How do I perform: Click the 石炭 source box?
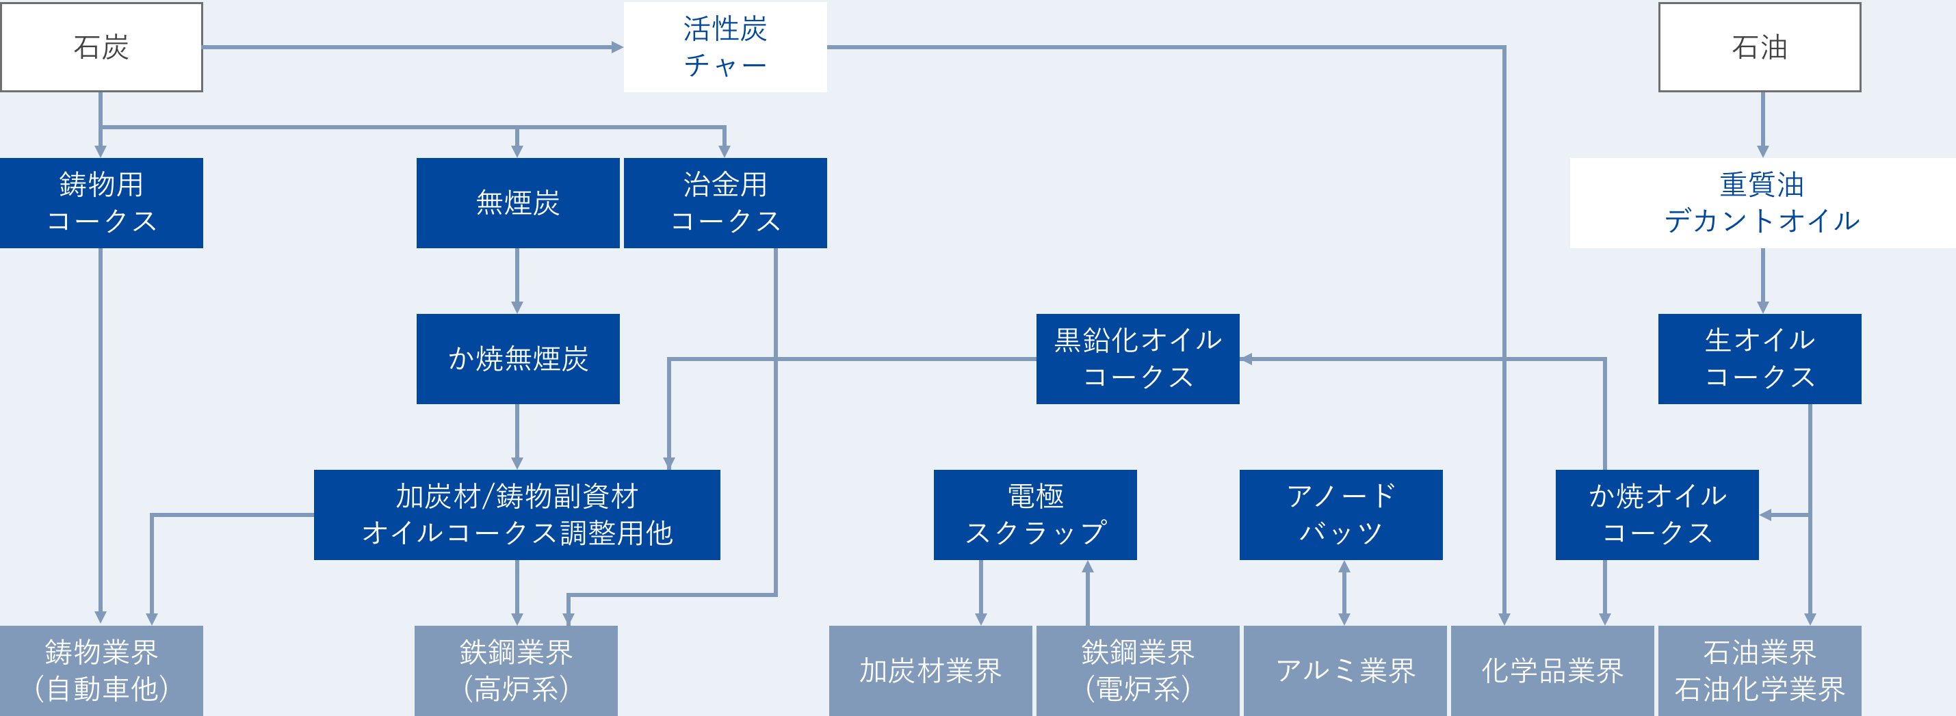[x=102, y=47]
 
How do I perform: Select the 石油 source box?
[x=1760, y=47]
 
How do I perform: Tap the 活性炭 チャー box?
[x=725, y=47]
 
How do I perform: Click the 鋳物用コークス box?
[x=102, y=202]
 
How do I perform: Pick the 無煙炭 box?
[x=518, y=202]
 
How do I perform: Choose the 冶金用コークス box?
[x=725, y=202]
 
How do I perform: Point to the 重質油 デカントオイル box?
[x=1762, y=202]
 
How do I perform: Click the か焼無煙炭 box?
[x=518, y=358]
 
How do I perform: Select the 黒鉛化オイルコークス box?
[x=1138, y=358]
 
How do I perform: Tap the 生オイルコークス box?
[x=1760, y=358]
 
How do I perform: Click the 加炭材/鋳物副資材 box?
[x=517, y=515]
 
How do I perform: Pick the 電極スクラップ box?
[x=1035, y=515]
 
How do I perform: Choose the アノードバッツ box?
[x=1341, y=515]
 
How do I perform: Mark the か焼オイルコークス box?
[x=1657, y=515]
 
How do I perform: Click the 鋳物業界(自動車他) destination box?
[x=102, y=670]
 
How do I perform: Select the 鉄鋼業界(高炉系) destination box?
[x=517, y=670]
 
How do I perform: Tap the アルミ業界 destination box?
[x=1345, y=670]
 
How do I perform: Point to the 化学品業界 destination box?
[x=1552, y=670]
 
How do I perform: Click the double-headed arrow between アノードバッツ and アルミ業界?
[x=1344, y=593]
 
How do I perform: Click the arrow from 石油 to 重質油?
[x=1762, y=124]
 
